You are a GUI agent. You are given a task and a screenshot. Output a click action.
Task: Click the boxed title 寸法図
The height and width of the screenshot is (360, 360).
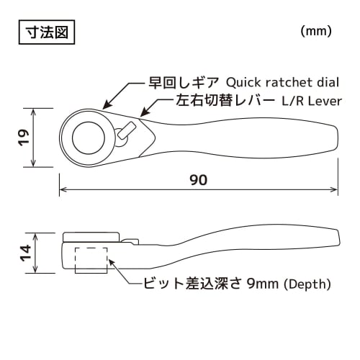44,32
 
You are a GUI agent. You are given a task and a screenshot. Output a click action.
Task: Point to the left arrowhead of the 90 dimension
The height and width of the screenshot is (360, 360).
63,190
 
